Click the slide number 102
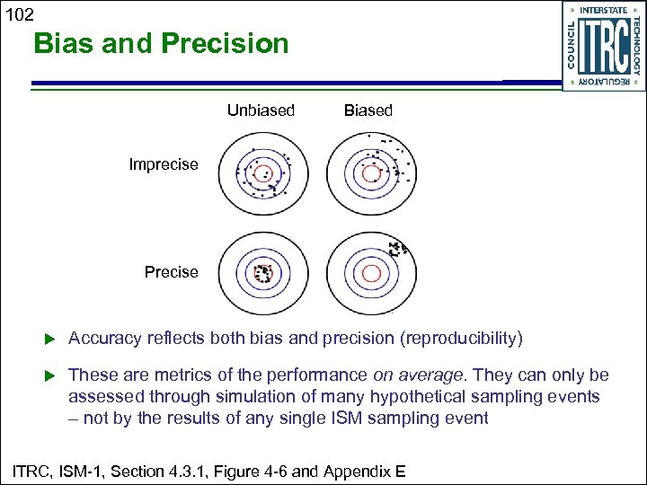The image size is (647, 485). pos(17,13)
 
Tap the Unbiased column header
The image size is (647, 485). pos(261,110)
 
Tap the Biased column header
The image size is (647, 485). pos(368,110)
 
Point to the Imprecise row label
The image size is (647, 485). pos(164,164)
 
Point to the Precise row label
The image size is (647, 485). pos(171,272)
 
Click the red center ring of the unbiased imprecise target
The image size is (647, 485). pos(261,172)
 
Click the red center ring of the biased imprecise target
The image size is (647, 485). pos(369,172)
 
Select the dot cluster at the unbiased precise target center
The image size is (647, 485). pos(262,273)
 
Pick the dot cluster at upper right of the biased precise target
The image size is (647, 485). pos(396,247)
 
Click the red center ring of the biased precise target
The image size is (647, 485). pos(369,273)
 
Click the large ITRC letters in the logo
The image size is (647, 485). pos(603,46)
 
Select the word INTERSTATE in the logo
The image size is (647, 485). pos(603,10)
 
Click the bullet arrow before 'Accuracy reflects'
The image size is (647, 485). pos(50,339)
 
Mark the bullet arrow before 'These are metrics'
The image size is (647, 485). pos(50,375)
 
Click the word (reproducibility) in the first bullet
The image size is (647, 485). pos(462,339)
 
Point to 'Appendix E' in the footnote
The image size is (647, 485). pos(371,470)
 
